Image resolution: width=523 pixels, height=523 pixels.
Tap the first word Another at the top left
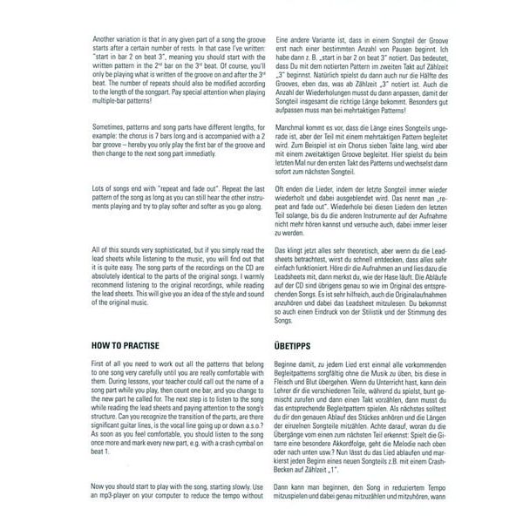(x=105, y=39)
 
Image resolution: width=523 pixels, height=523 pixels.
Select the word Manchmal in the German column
(x=292, y=128)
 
